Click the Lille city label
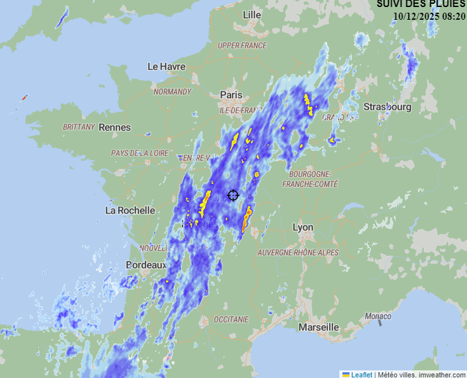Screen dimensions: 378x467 (252, 15)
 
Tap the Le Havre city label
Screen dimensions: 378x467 (166, 66)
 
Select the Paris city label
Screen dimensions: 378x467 (231, 95)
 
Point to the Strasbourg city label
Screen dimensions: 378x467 (387, 107)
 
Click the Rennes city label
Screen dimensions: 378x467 (114, 127)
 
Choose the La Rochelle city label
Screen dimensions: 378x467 (130, 210)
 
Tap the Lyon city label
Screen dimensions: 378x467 (303, 227)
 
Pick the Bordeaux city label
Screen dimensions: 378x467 (146, 265)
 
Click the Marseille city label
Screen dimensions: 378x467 (318, 327)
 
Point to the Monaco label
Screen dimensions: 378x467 (378, 316)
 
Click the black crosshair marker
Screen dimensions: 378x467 (233, 195)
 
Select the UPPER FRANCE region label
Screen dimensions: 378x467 (242, 46)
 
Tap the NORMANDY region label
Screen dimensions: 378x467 (172, 92)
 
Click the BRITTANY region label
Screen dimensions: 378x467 (79, 127)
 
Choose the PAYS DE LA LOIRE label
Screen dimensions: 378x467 (140, 153)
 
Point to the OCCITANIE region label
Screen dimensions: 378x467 (231, 319)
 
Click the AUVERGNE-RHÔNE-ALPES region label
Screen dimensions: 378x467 (298, 253)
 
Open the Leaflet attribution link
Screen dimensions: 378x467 (362, 374)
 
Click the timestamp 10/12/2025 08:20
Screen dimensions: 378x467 (429, 16)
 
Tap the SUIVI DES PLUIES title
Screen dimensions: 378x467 (421, 4)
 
